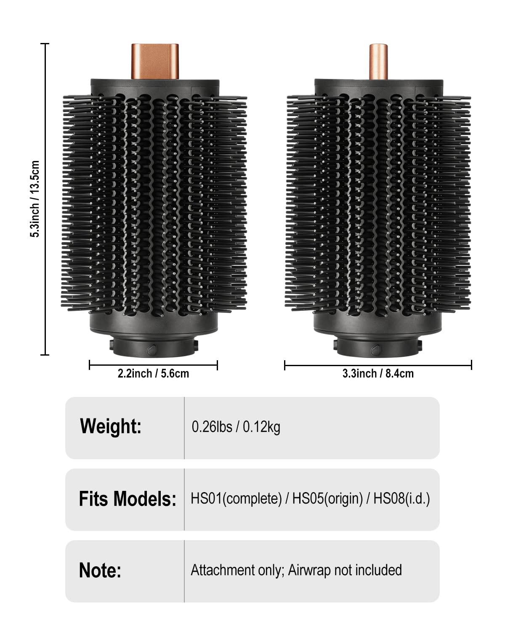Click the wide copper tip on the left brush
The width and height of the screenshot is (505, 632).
(154, 62)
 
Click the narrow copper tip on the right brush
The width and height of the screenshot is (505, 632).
(378, 62)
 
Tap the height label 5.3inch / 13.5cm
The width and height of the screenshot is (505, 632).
(35, 199)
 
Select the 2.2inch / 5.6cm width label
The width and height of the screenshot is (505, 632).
(153, 374)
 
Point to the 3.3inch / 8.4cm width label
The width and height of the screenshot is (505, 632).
(378, 374)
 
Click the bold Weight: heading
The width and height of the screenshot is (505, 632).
(111, 426)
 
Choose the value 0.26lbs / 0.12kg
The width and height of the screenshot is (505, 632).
(236, 427)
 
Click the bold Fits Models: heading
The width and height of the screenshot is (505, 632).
(128, 499)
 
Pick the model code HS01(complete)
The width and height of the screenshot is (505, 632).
(236, 499)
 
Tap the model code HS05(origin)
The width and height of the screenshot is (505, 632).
(327, 499)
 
